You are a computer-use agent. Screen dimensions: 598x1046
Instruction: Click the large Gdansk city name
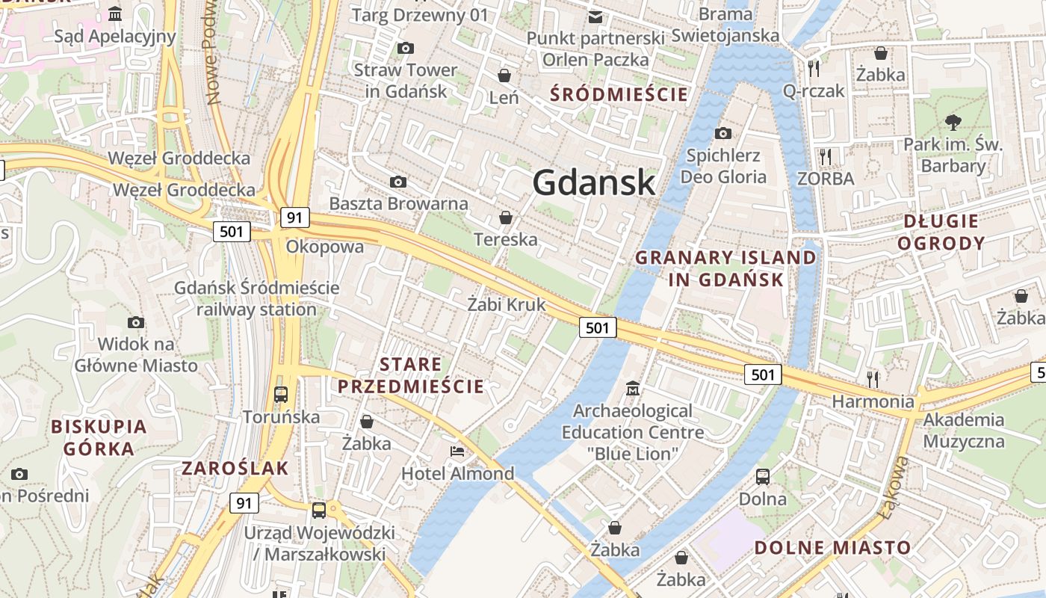point(595,182)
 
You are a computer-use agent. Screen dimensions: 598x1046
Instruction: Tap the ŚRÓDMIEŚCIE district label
point(619,94)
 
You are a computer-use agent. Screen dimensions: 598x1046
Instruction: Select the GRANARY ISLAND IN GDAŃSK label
point(725,268)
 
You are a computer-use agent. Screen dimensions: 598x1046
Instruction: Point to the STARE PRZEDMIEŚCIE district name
point(411,375)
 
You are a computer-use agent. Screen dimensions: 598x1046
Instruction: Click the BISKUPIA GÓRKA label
point(99,437)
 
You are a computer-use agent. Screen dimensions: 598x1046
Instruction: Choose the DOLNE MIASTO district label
point(832,547)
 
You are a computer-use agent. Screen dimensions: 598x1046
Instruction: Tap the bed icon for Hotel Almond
point(457,451)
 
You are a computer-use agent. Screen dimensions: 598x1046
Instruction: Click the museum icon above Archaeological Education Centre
point(633,388)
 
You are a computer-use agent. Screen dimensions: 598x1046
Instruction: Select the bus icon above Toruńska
point(281,394)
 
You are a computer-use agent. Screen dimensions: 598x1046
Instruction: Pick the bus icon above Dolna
point(763,476)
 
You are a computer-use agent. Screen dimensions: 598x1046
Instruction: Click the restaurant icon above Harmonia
point(872,378)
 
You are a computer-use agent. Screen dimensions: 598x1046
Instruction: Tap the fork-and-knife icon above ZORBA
point(826,156)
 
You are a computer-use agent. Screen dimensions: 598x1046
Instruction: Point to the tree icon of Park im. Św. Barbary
point(953,122)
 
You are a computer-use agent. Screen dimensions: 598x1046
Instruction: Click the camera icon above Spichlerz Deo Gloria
point(722,133)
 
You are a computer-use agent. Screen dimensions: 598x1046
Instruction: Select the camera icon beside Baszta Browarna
point(398,182)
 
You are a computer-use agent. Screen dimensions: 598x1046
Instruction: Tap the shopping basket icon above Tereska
point(506,218)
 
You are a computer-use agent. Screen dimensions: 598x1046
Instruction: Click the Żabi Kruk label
point(507,305)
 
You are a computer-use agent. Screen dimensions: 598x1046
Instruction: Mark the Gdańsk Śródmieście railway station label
point(256,298)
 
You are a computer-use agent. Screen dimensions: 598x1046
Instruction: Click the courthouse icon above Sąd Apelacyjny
point(115,14)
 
